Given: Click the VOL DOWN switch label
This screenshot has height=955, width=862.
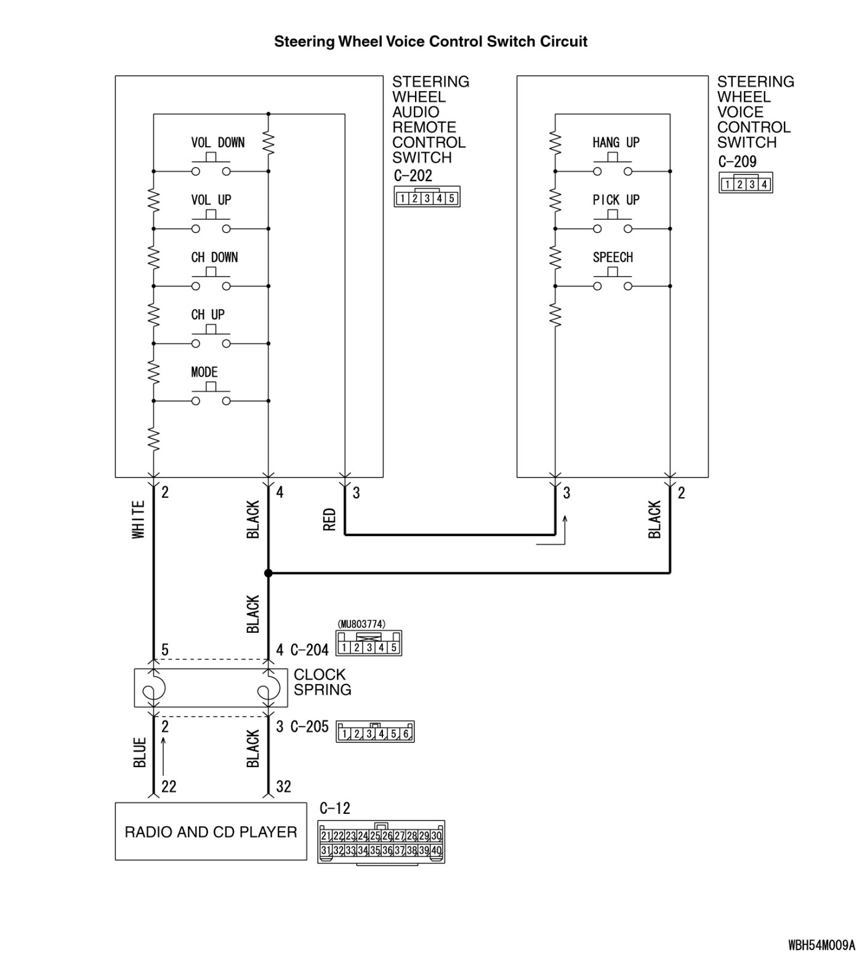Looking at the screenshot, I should tap(217, 143).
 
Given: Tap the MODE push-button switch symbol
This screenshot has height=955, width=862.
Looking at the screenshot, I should tap(211, 396).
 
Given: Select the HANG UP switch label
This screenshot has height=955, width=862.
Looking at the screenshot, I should tap(616, 143).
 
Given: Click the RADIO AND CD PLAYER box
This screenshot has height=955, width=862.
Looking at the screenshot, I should tap(211, 832).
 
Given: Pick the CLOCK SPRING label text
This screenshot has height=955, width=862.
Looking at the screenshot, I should tap(322, 682).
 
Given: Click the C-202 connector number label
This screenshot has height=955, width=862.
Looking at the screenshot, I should tap(413, 176).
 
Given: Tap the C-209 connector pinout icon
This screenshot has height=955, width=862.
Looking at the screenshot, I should tap(746, 184).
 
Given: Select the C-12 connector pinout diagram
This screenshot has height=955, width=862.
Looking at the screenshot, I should tap(381, 842).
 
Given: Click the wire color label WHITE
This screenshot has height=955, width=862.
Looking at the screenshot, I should tap(139, 519).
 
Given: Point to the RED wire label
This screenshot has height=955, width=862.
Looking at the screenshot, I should tap(329, 519).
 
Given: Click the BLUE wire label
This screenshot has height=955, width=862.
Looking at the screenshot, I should tap(140, 752).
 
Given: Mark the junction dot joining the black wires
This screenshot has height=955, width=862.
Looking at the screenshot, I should tap(268, 574).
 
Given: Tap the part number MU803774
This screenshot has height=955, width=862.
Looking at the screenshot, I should tap(361, 624).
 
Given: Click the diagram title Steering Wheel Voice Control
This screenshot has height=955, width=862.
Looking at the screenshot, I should tap(430, 41).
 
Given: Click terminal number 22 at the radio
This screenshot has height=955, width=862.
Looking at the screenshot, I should tap(169, 786).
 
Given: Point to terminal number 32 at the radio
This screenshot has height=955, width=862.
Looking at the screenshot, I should tap(283, 786).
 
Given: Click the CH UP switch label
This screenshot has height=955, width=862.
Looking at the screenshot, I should tap(207, 315).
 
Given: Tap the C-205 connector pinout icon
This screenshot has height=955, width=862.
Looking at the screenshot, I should tap(375, 732).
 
